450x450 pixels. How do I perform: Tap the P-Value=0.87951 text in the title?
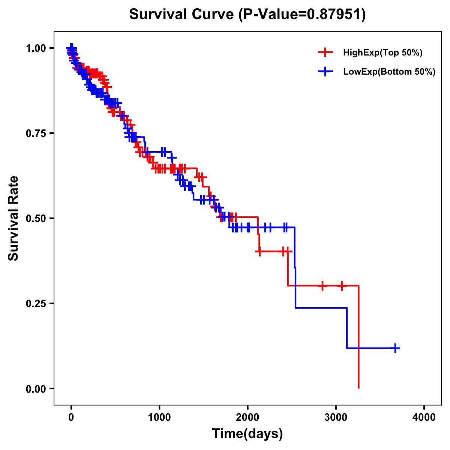(x=303, y=14)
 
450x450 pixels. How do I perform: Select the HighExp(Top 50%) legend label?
(x=382, y=53)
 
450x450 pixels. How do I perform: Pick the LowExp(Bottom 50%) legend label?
(x=389, y=72)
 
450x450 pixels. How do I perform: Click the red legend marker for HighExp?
(x=325, y=53)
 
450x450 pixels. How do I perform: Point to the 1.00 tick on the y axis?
(x=36, y=48)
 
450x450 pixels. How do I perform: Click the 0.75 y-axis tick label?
(x=36, y=133)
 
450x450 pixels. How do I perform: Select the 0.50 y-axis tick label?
(x=36, y=218)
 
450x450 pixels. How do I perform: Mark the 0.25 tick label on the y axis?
(x=36, y=303)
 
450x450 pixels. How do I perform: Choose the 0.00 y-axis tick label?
(x=36, y=388)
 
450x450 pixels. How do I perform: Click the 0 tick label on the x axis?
(x=71, y=417)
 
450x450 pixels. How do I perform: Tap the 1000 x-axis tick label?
(x=159, y=417)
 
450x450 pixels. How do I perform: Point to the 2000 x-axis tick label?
(x=247, y=417)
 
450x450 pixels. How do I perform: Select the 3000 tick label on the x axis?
(x=336, y=417)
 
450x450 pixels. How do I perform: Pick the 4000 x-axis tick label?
(x=424, y=417)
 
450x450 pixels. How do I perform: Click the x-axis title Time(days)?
(x=247, y=434)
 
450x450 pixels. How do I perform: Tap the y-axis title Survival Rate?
(x=13, y=218)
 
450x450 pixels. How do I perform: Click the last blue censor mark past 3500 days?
(x=395, y=348)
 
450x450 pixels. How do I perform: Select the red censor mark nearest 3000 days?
(x=342, y=286)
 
